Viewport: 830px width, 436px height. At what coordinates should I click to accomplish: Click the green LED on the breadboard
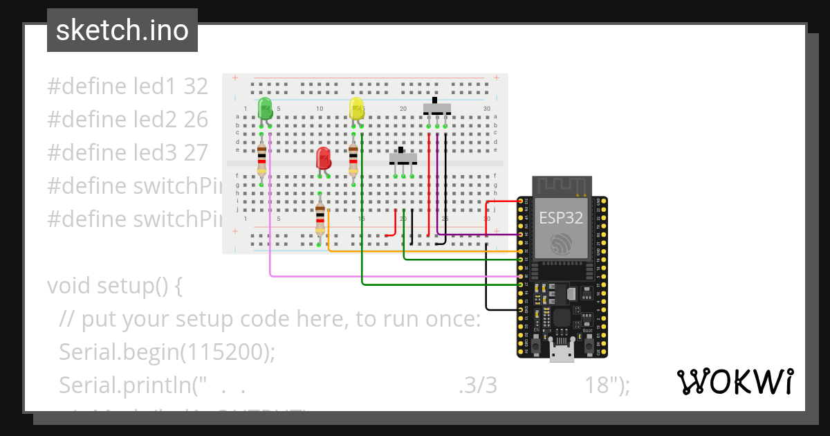point(264,109)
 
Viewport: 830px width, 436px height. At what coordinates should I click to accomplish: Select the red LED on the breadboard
point(323,159)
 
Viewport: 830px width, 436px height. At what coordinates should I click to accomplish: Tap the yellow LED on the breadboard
point(356,109)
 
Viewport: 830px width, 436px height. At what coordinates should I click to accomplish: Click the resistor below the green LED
point(261,160)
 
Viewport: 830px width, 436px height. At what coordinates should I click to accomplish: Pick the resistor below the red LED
point(320,219)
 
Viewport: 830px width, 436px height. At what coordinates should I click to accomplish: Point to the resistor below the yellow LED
point(353,160)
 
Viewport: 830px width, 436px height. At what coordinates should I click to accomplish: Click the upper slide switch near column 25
point(436,109)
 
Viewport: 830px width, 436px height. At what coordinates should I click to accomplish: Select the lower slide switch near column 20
point(403,158)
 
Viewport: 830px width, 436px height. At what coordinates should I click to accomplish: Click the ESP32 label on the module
point(561,218)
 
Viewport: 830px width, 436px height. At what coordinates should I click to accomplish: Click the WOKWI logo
point(735,382)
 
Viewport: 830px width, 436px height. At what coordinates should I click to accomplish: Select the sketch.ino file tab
point(122,30)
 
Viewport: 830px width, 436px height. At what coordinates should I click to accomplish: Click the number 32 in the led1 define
point(196,87)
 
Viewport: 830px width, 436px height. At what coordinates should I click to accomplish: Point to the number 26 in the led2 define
point(196,120)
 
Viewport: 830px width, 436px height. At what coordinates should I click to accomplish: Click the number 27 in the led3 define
point(196,153)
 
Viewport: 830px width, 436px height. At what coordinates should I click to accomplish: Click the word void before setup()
point(69,286)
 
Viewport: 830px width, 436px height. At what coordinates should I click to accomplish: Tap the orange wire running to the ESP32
point(415,251)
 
